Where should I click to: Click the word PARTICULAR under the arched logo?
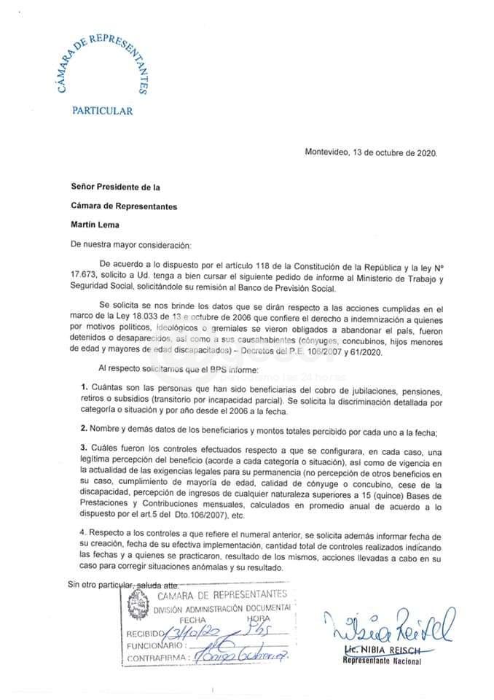[102, 111]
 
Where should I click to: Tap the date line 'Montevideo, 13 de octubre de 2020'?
[371, 153]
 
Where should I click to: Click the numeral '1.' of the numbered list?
[85, 386]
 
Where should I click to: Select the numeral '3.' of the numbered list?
[85, 446]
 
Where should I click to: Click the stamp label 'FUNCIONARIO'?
[154, 645]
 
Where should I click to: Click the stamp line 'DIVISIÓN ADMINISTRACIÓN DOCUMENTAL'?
[221, 607]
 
